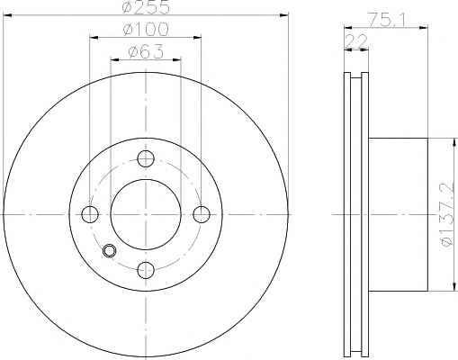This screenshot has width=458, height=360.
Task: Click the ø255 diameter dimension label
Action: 146,7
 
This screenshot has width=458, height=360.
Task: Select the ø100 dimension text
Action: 146,30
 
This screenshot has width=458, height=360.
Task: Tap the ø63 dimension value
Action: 146,51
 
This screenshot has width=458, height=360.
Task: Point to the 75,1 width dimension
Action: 387,21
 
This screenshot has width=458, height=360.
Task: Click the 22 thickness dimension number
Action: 356,41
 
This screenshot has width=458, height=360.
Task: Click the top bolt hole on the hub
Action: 146,158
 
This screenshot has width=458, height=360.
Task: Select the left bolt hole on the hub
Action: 90,214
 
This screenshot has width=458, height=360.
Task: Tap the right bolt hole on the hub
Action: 202,214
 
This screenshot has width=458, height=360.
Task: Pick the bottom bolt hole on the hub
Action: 146,270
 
